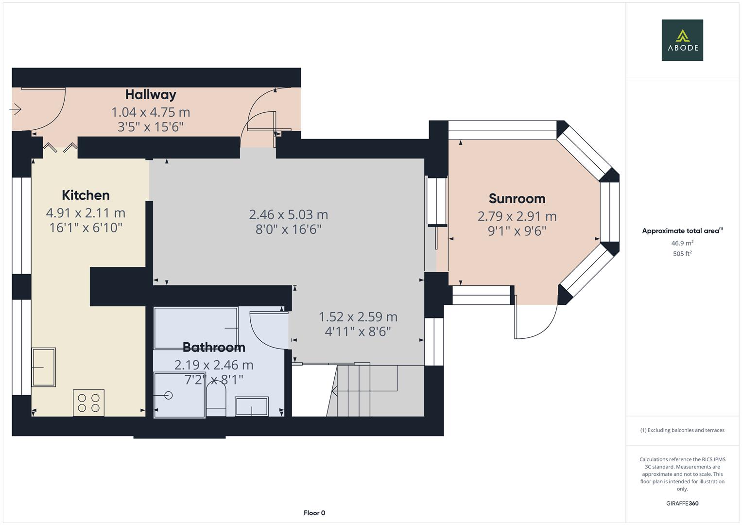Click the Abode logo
tap(682, 40)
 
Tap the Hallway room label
tap(151, 94)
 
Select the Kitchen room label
tap(86, 195)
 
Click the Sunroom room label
tap(517, 199)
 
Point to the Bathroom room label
tap(214, 347)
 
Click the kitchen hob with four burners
tap(88, 402)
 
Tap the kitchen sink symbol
tap(44, 367)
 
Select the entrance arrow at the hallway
tap(16, 110)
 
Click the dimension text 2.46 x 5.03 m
tap(288, 214)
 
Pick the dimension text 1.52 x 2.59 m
tap(358, 317)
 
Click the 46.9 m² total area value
tap(682, 243)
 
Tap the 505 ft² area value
tap(682, 254)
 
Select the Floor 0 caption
tap(314, 513)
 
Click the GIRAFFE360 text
tap(682, 503)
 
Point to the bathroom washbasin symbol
tap(252, 406)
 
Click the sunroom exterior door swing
tap(535, 321)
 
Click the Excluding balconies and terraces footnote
tap(682, 430)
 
